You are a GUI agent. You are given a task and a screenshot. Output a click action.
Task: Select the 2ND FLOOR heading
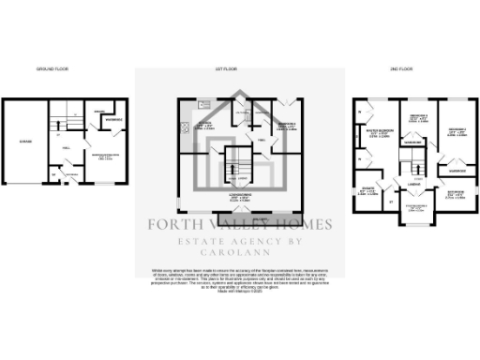coord(386,70)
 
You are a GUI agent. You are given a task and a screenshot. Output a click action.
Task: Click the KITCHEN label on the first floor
coord(203,123)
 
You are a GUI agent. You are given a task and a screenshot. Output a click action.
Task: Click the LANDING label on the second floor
coord(412,185)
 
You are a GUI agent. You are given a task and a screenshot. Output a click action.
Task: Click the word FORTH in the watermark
coord(173,224)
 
